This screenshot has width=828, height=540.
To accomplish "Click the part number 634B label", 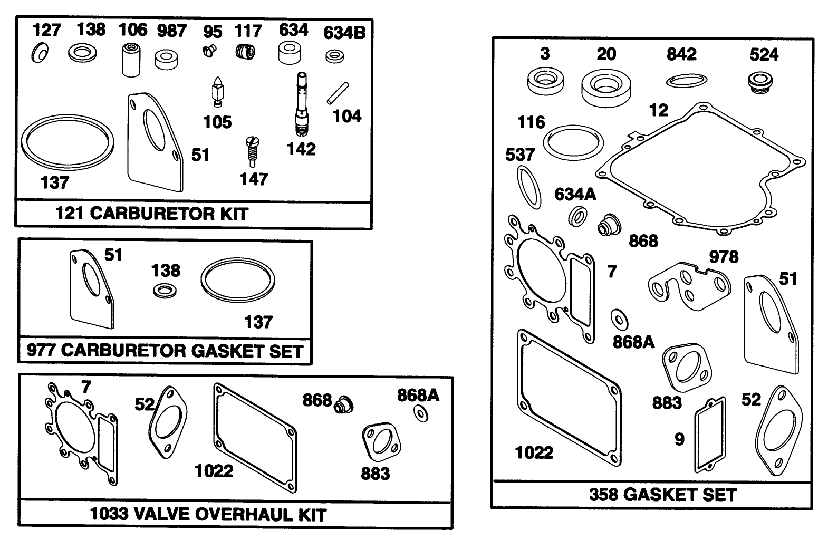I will tap(344, 33).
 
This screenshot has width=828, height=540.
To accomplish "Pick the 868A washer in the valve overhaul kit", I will tap(420, 414).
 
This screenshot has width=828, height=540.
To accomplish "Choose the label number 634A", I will tap(575, 195).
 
